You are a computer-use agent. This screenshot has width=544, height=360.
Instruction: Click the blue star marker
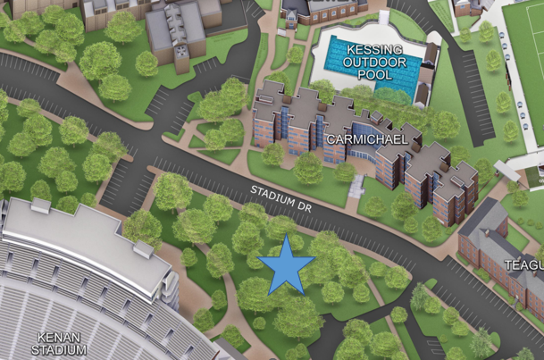pyautogui.click(x=286, y=264)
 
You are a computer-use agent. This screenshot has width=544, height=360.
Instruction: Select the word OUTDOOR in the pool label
pyautogui.click(x=374, y=62)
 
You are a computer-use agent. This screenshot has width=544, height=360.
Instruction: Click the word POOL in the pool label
pyautogui.click(x=374, y=75)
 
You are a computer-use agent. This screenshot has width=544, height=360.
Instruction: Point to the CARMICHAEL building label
pyautogui.click(x=367, y=140)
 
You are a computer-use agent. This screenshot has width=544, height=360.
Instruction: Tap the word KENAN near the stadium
pyautogui.click(x=58, y=338)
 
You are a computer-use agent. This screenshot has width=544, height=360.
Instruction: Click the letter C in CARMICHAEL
pyautogui.click(x=331, y=140)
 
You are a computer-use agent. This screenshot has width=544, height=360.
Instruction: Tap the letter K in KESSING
pyautogui.click(x=349, y=48)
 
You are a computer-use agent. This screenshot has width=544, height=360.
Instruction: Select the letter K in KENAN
pyautogui.click(x=41, y=338)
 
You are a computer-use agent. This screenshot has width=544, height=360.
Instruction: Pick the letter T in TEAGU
pyautogui.click(x=507, y=265)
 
